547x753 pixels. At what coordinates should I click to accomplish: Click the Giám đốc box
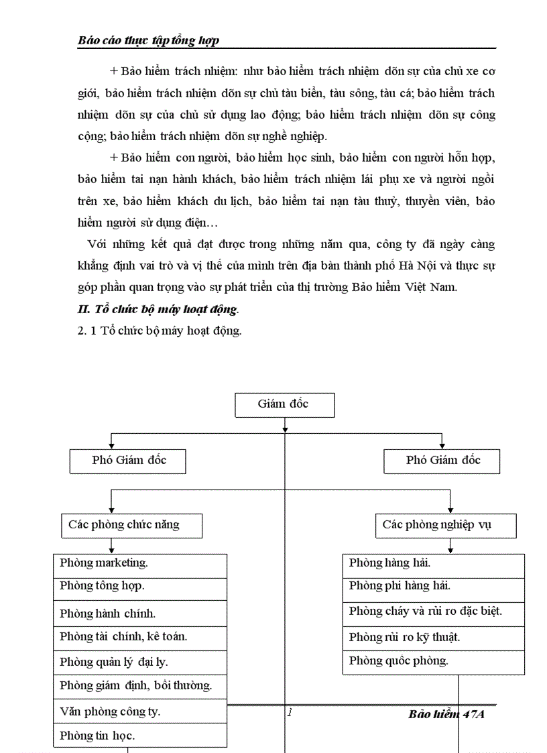point(284,404)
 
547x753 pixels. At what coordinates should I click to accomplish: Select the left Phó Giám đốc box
point(128,461)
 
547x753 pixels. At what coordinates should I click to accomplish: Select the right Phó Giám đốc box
point(442,461)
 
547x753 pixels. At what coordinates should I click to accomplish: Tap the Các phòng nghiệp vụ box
point(446,525)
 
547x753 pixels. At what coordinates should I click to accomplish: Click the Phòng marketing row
point(140,563)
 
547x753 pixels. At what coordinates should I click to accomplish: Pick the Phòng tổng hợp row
point(140,587)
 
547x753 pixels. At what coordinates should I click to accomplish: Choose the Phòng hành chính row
point(140,613)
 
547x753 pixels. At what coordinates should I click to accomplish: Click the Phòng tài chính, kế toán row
point(140,637)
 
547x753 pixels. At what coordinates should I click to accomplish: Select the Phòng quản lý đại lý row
point(140,662)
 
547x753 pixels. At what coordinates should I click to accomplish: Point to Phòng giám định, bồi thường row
point(140,686)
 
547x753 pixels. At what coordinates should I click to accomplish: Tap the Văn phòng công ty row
point(140,711)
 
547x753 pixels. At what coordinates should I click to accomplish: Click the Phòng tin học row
point(140,736)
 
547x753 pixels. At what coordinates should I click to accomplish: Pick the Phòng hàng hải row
point(433,563)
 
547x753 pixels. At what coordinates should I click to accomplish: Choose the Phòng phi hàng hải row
point(433,587)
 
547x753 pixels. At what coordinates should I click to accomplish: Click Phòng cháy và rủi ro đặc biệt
point(433,612)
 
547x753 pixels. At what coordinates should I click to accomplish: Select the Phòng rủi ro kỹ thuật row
point(433,637)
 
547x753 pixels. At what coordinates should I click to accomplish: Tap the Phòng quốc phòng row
point(433,661)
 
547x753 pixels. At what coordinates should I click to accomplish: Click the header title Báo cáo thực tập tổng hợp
point(149,41)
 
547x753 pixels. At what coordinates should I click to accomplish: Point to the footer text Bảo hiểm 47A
point(446,714)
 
